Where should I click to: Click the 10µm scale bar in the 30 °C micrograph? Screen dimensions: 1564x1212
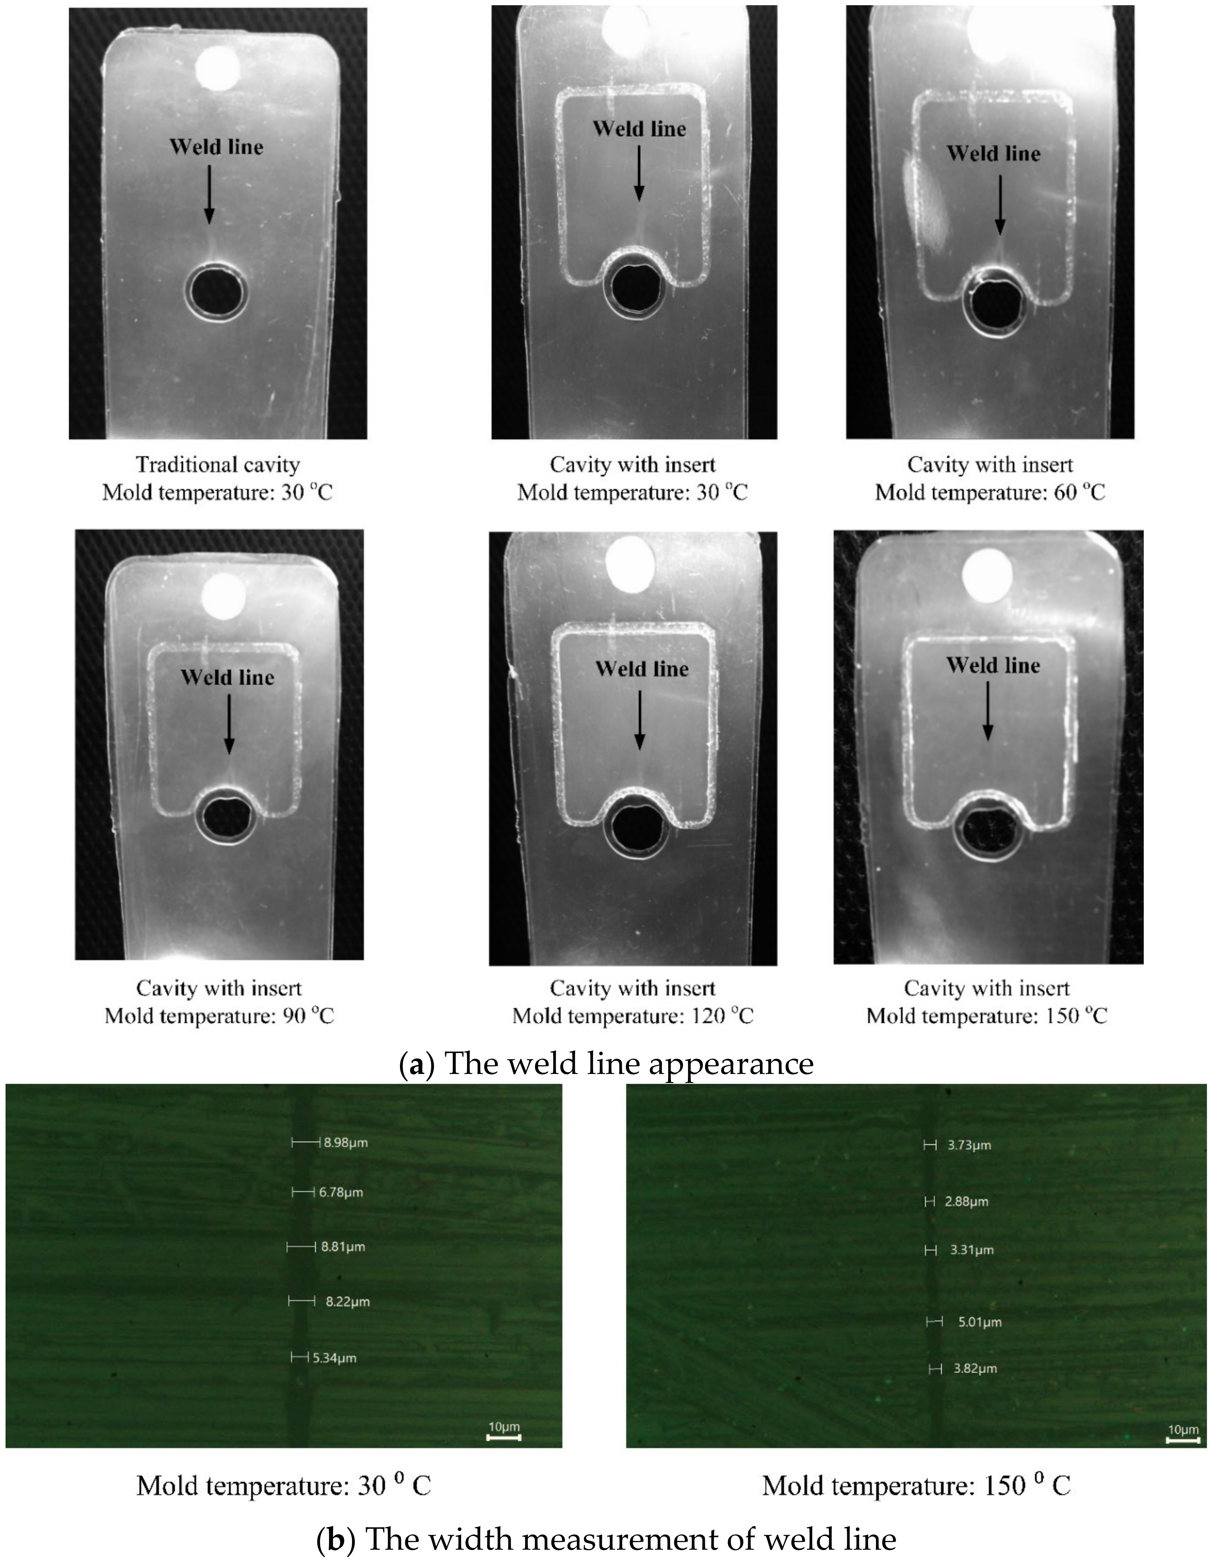click(504, 1431)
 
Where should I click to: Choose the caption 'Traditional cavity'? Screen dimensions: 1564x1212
click(218, 465)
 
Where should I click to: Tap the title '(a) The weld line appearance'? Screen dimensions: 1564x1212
click(606, 1064)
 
